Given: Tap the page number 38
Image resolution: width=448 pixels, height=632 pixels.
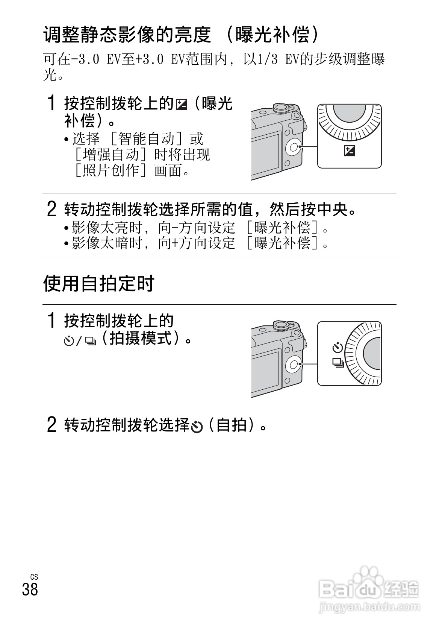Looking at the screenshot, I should point(30,589).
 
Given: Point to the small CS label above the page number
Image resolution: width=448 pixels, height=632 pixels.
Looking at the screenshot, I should point(34,577).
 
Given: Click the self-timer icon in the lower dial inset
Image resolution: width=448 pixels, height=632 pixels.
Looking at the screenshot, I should point(338,348).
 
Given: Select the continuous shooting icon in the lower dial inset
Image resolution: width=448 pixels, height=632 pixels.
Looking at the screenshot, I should point(338,363).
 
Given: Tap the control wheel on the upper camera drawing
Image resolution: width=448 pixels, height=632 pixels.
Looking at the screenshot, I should point(293,147).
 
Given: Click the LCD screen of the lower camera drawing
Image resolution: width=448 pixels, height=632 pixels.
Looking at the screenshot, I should point(266,370).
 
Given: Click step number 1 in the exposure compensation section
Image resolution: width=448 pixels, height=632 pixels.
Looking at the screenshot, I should point(52,103).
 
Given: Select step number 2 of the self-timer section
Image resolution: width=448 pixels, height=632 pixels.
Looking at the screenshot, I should point(52,425).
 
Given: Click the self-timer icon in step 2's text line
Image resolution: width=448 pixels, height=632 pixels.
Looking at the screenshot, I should point(197,426).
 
